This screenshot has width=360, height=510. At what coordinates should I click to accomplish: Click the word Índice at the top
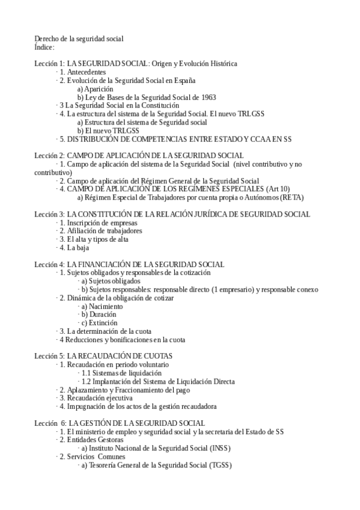pyautogui.click(x=44, y=47)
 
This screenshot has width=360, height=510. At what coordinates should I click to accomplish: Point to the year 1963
pyautogui.click(x=207, y=97)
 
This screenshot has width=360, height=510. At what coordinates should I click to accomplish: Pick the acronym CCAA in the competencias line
pyautogui.click(x=254, y=139)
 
